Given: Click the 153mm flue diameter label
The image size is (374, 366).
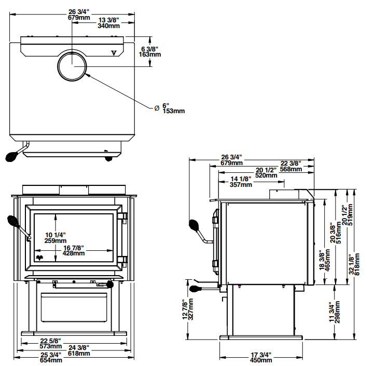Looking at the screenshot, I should tap(174, 111).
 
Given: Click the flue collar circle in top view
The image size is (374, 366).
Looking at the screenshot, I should tap(72, 66).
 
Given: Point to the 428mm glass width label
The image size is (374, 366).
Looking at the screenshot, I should tap(74, 253).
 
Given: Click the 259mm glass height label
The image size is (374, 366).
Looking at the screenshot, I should tap(55, 241).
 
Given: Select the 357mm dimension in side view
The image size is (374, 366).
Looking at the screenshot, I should tap(241, 184).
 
